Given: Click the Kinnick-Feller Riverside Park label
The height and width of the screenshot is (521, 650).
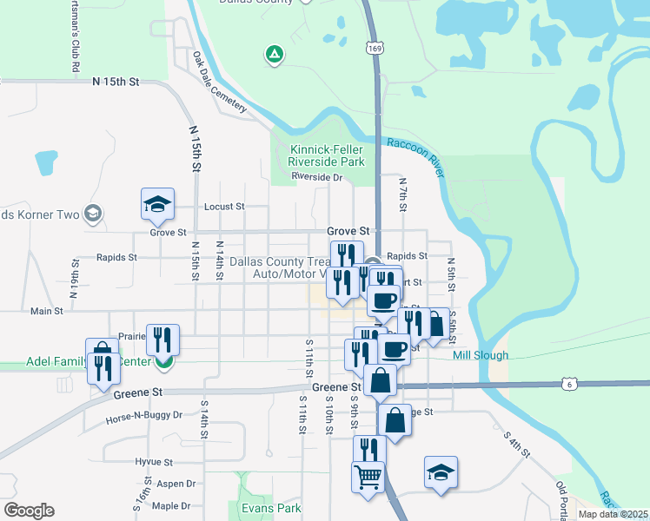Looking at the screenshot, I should click(326, 155).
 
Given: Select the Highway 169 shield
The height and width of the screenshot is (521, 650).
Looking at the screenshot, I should click(373, 49).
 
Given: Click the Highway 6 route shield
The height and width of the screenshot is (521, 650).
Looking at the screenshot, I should click(567, 383).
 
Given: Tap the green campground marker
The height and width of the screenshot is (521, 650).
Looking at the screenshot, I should click(275, 56).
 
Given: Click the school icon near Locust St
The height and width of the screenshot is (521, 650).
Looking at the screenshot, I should click(157, 204).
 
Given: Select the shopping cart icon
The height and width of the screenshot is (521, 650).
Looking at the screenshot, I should click(368, 476).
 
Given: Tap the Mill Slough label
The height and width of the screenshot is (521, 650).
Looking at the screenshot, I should click(480, 355).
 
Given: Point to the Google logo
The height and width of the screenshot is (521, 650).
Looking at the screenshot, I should click(29, 511).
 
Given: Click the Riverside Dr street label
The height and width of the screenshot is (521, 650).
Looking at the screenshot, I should click(318, 177).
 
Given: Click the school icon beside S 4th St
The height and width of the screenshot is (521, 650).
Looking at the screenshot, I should click(441, 472).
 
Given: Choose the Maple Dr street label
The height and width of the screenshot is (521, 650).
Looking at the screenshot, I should click(171, 505).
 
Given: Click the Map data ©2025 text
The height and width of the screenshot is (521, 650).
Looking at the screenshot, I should click(612, 514).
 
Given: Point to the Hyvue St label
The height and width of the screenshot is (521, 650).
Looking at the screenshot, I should click(156, 463).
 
